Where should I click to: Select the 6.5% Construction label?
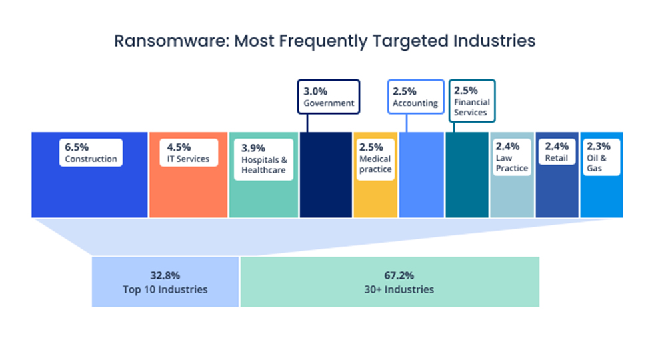point(91,153)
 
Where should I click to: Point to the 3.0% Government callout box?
point(329,97)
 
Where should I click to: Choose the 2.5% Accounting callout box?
point(415,97)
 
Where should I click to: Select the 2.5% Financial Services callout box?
point(471,101)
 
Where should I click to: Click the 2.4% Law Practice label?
point(511,157)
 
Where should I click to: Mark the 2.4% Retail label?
point(557,153)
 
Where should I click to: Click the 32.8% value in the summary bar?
point(165,275)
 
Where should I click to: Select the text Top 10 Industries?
point(165,289)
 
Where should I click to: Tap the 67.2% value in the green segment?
point(389,275)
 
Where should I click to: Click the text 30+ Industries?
point(389,289)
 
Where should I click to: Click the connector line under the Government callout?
point(307,123)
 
